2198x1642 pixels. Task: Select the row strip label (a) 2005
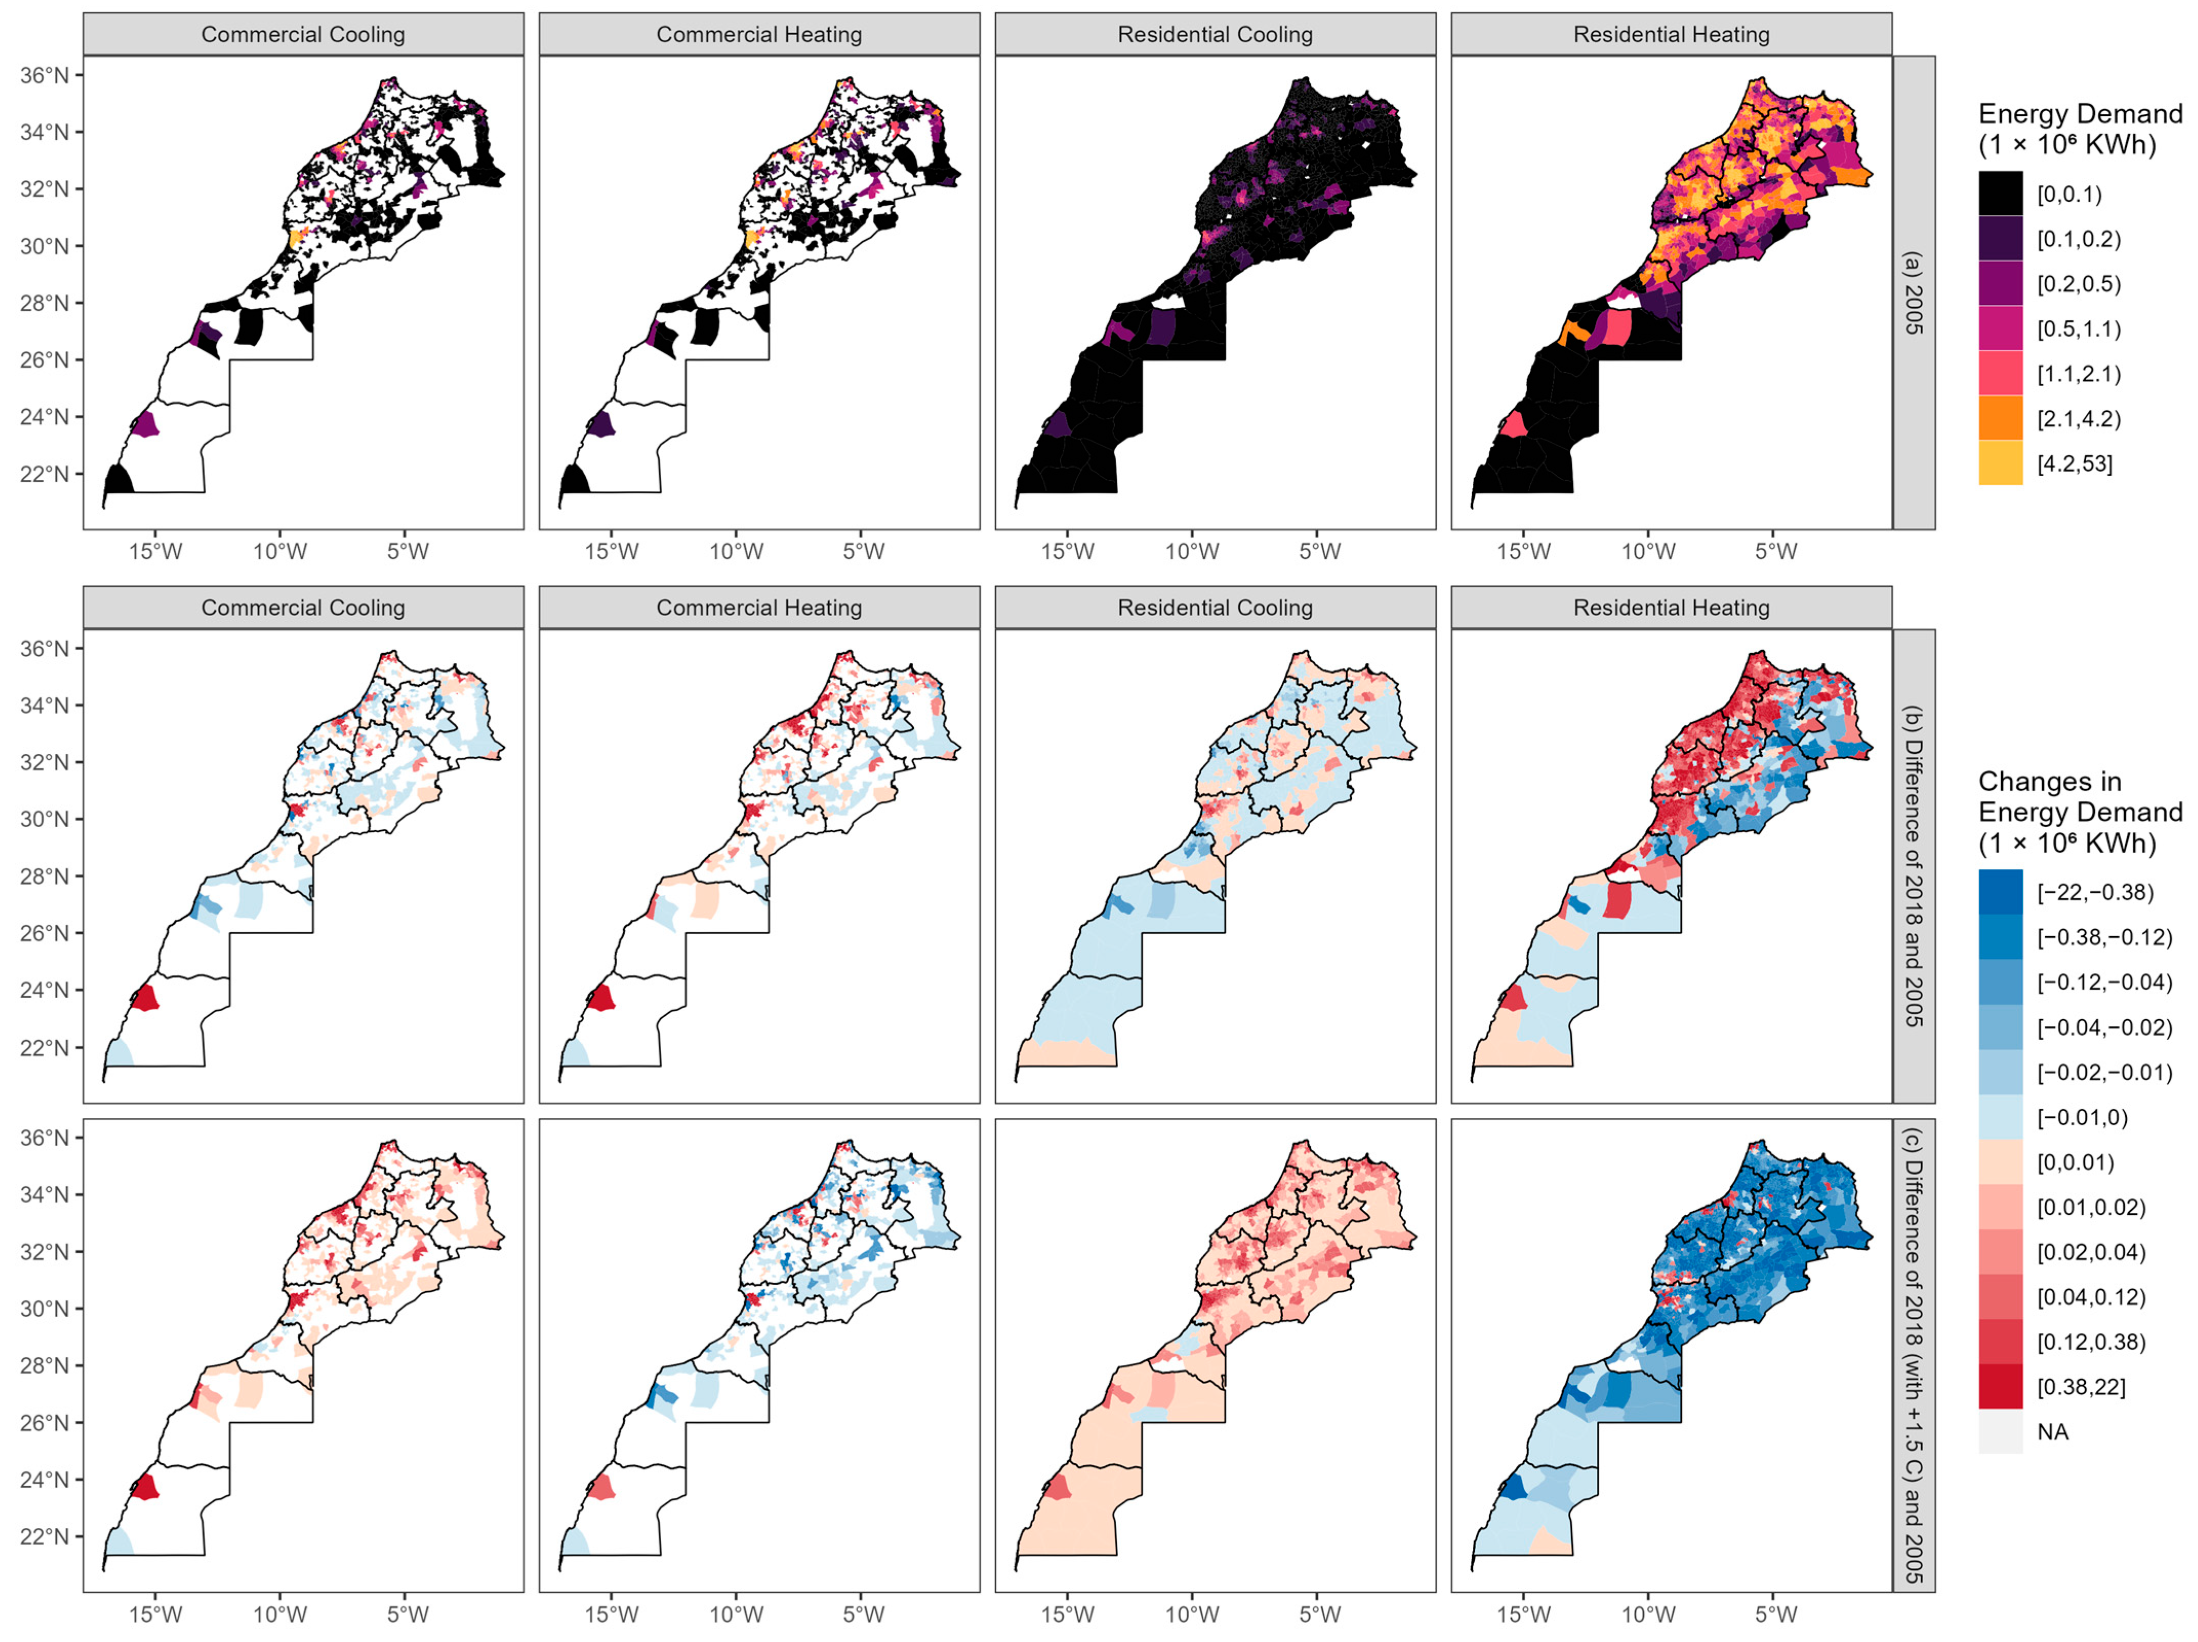click(1913, 292)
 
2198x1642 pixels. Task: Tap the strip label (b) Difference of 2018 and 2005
click(1913, 865)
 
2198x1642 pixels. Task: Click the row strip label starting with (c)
click(1913, 1355)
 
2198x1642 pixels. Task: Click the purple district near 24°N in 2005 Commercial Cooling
click(145, 424)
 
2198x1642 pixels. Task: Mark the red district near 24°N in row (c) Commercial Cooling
click(145, 1487)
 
